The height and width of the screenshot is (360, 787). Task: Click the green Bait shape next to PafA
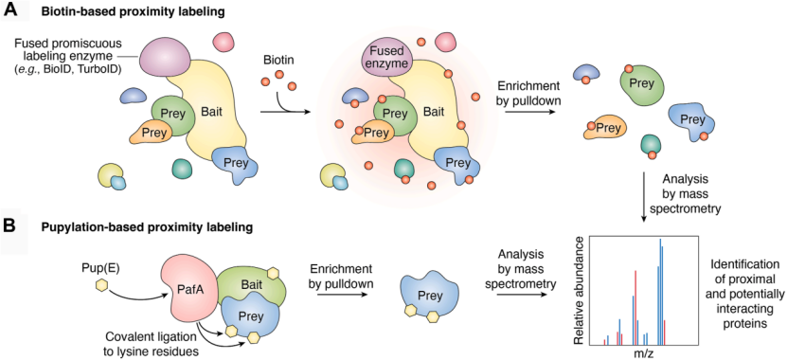coord(255,281)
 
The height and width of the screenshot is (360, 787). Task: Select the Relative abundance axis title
coord(581,290)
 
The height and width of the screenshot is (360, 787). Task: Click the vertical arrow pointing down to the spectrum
coord(643,197)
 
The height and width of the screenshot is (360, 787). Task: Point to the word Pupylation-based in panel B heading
coord(70,227)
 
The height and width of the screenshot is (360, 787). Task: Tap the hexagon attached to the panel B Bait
coord(274,273)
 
